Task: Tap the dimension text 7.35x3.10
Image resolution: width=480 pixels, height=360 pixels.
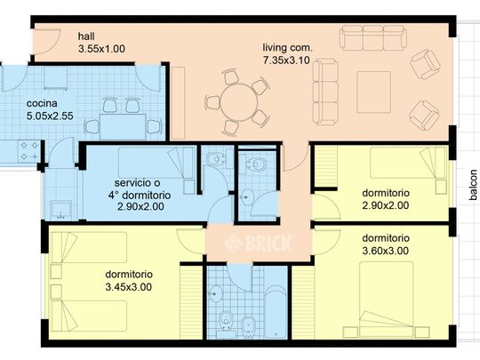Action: tap(287, 60)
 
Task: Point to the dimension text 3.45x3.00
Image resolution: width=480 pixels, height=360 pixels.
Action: tap(129, 287)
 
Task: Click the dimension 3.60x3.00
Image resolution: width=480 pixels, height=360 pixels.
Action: tap(385, 252)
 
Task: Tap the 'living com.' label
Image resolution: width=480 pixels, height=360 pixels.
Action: tap(286, 47)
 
